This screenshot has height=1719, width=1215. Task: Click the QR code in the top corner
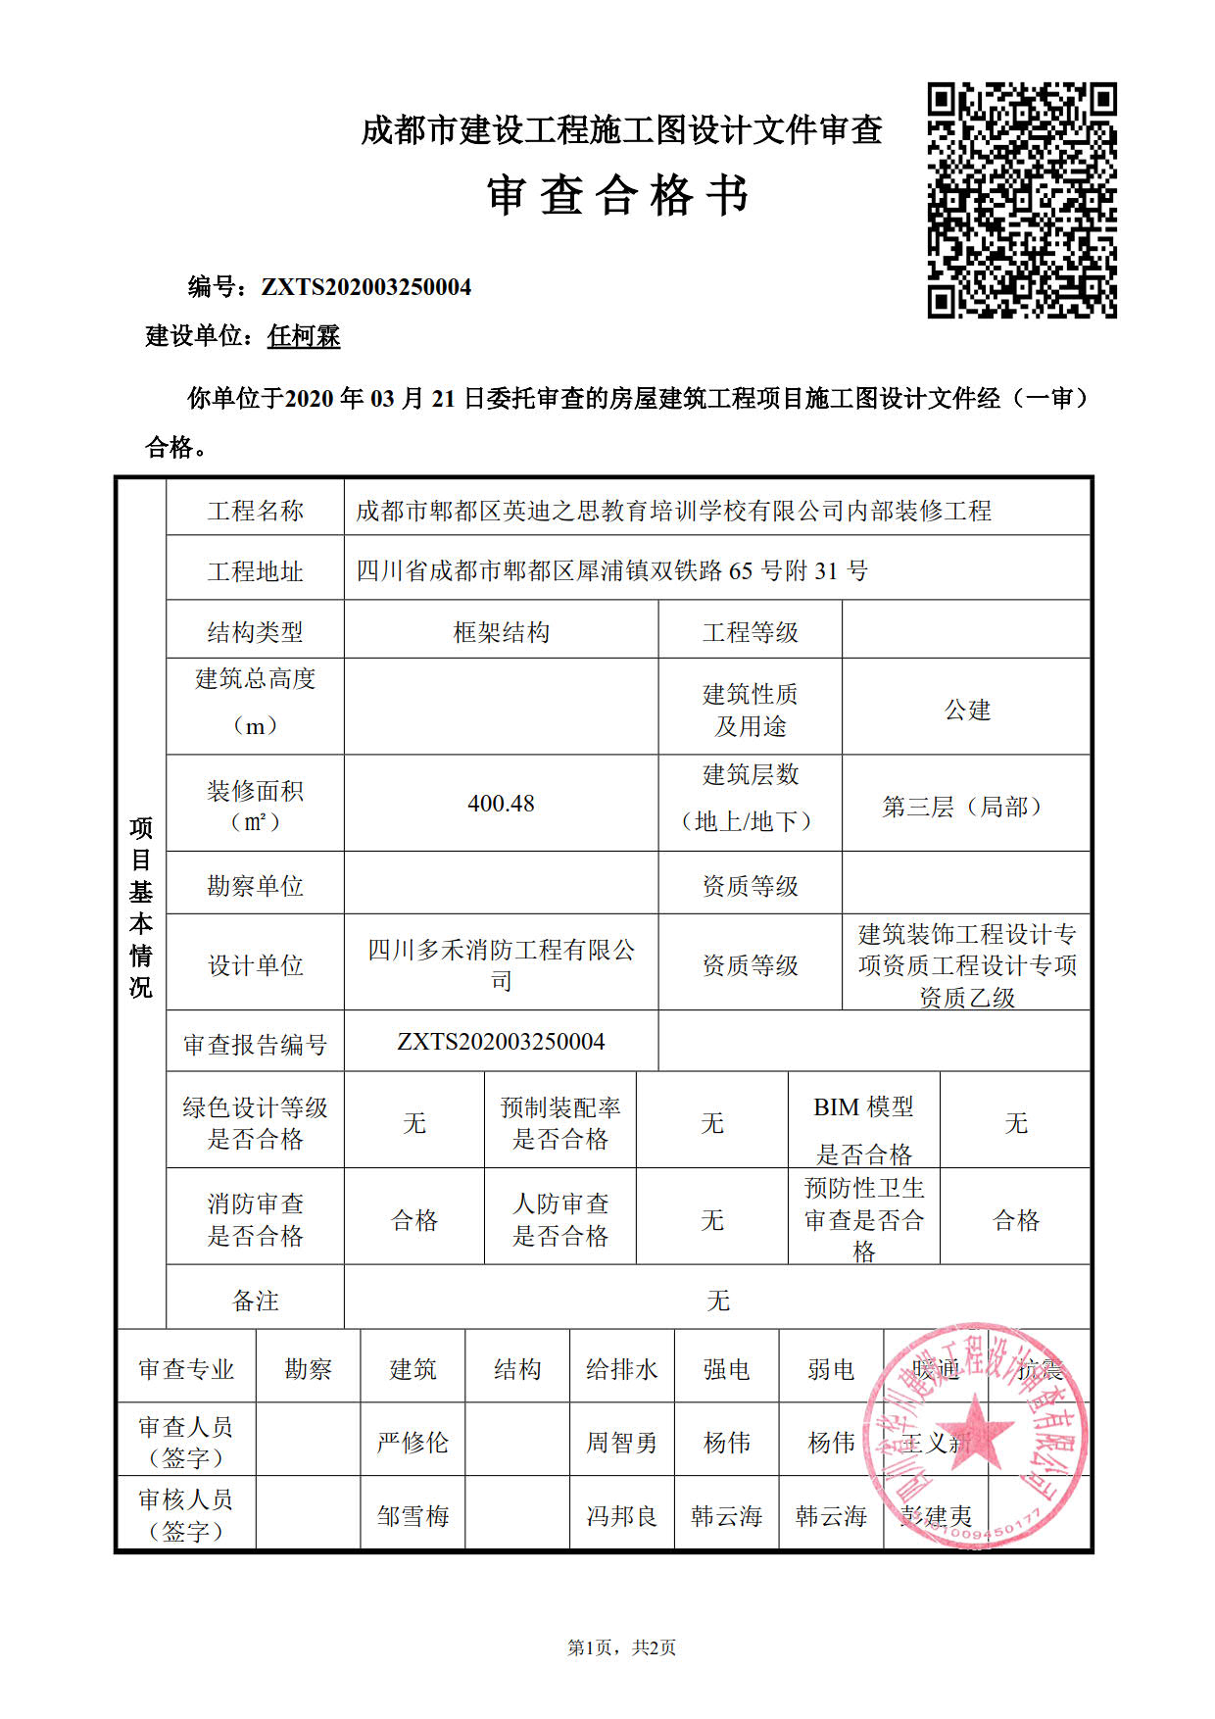pyautogui.click(x=1022, y=200)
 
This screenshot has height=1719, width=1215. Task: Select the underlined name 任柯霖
pyautogui.click(x=304, y=336)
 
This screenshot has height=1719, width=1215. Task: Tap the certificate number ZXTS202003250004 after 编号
pyautogui.click(x=365, y=287)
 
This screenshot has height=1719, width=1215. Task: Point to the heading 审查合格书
pyautogui.click(x=618, y=195)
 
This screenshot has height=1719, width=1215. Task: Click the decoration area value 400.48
pyautogui.click(x=501, y=804)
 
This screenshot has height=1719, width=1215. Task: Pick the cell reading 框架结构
pyautogui.click(x=501, y=632)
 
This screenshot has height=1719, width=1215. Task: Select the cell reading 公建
pyautogui.click(x=967, y=710)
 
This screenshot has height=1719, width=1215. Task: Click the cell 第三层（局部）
pyautogui.click(x=966, y=807)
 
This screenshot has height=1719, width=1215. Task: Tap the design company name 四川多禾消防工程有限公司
pyautogui.click(x=501, y=964)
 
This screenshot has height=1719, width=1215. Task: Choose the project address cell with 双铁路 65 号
pyautogui.click(x=611, y=570)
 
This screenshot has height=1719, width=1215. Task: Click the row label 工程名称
pyautogui.click(x=255, y=511)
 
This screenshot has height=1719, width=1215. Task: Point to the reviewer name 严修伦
pyautogui.click(x=413, y=1443)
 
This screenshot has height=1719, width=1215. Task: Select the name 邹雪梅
pyautogui.click(x=413, y=1516)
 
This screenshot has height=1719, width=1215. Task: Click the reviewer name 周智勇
pyautogui.click(x=621, y=1443)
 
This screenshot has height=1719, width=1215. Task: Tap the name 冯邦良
pyautogui.click(x=621, y=1516)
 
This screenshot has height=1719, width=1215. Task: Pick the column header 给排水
pyautogui.click(x=621, y=1369)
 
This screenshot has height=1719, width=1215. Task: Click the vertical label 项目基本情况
pyautogui.click(x=141, y=907)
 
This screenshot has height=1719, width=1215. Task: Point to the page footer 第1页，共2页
pyautogui.click(x=621, y=1647)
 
